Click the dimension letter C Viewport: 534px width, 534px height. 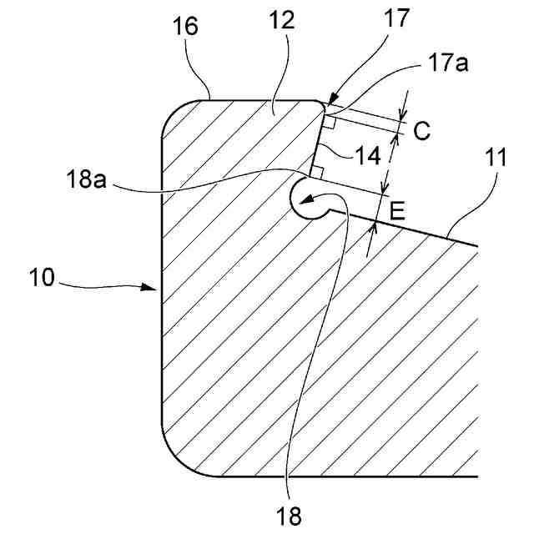tap(421, 130)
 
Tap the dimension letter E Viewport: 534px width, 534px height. tap(397, 210)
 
